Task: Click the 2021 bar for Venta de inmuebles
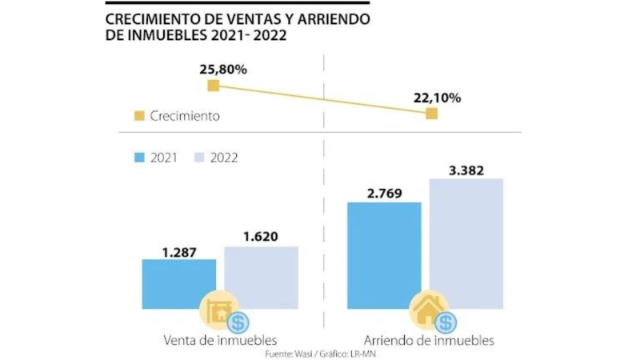click(178, 280)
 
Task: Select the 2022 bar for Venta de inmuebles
click(261, 272)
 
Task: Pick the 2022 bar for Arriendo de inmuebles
click(466, 240)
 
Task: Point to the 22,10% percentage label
click(437, 98)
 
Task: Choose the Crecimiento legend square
click(139, 116)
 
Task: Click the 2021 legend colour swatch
click(139, 158)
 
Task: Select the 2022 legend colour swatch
click(201, 158)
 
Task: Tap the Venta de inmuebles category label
click(214, 340)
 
